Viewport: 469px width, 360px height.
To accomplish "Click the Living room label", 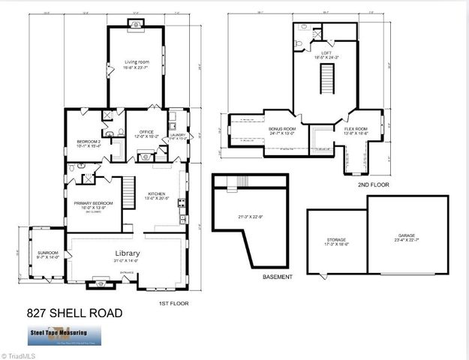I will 136,61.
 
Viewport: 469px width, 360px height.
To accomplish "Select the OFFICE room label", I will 143,133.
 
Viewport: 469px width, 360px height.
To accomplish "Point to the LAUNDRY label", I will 178,136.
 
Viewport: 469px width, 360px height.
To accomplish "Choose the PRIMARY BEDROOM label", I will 93,203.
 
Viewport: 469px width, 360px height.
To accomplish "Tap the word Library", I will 128,253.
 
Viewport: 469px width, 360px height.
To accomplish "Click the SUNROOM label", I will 47,253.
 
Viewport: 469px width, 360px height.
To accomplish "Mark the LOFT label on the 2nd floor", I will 326,53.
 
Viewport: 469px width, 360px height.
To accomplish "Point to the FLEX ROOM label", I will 356,129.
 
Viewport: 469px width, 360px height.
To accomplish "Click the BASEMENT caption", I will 277,277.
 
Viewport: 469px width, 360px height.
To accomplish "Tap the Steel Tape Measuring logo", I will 59,334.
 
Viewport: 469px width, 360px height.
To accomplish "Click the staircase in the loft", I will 326,77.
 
